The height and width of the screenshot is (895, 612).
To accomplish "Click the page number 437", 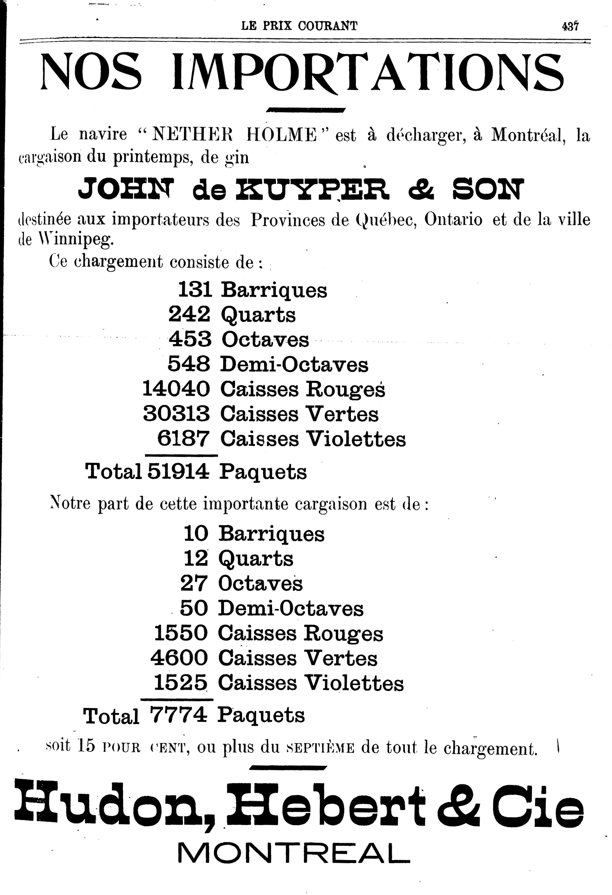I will pos(570,26).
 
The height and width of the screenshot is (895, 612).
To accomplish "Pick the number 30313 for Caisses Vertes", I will pos(176,414).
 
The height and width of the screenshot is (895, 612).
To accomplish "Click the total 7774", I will pos(178,715).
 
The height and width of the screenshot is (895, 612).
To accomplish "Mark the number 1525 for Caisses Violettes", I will pos(180,683).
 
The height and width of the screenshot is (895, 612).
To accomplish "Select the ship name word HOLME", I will pos(281,135).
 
